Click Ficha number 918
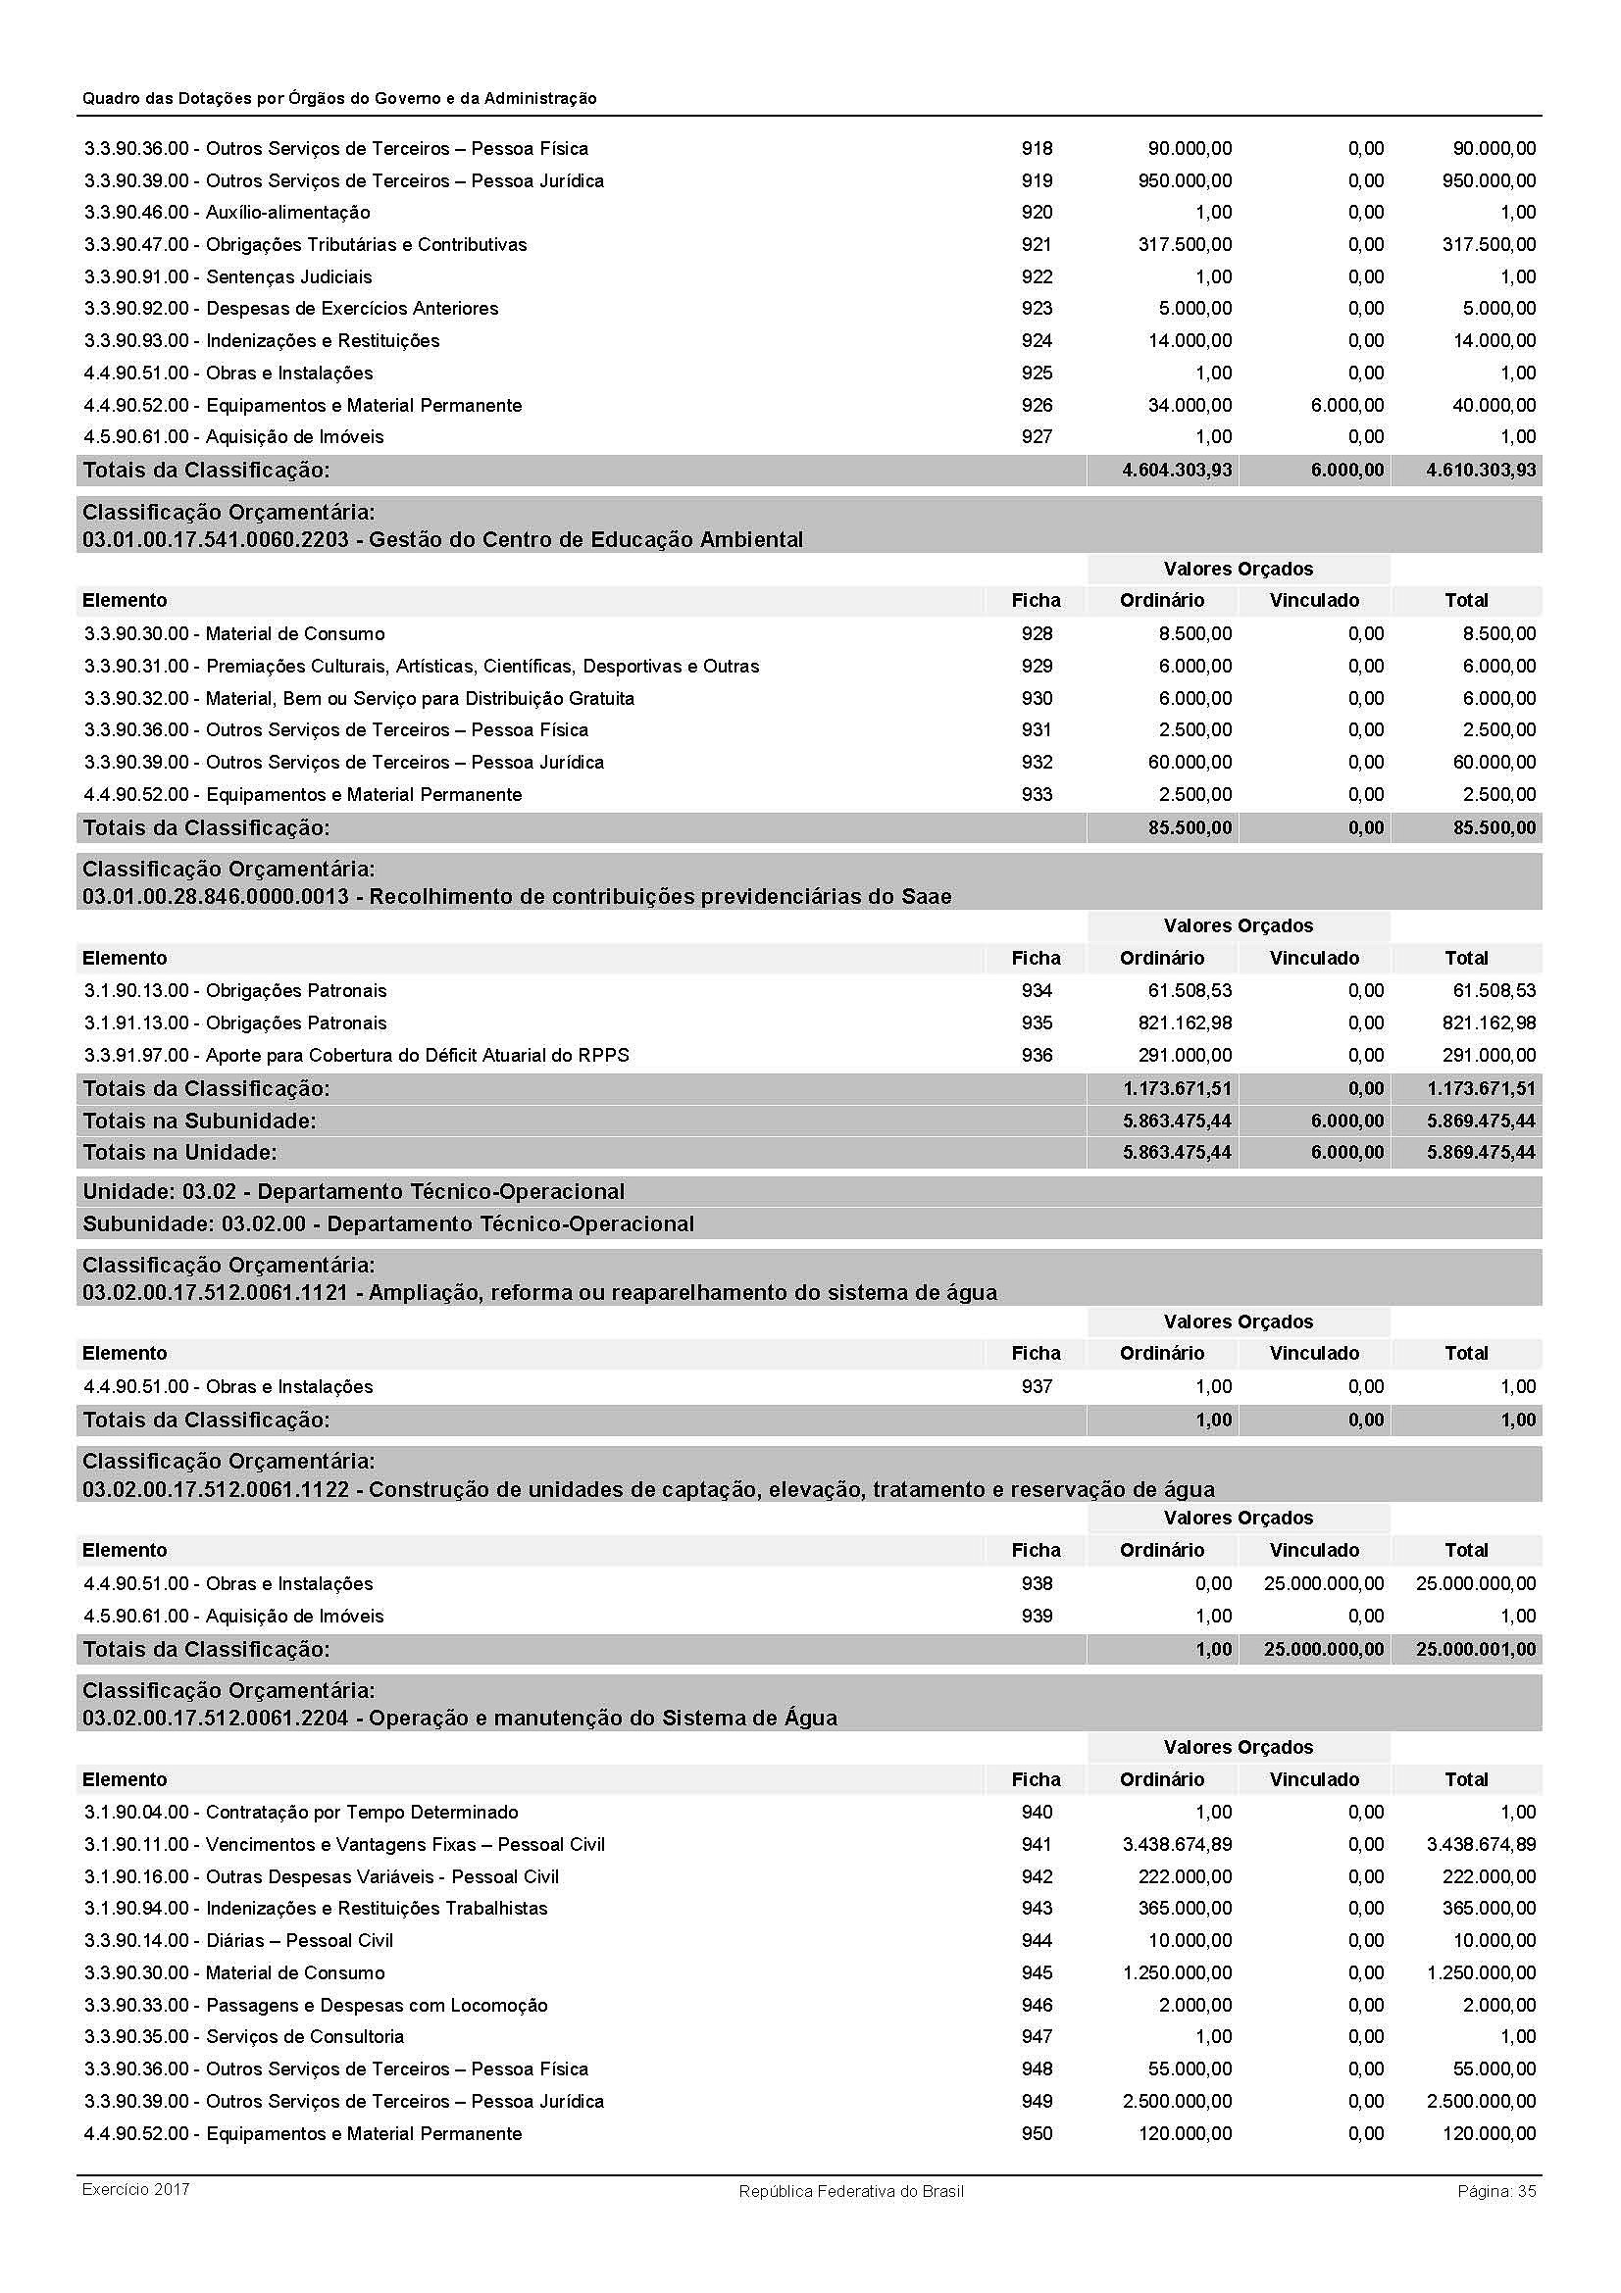(x=1036, y=149)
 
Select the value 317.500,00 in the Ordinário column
(x=1185, y=245)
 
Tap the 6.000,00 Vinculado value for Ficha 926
(x=1346, y=406)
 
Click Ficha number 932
(x=1036, y=763)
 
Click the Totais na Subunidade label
(x=199, y=1122)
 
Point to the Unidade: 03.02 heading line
(x=354, y=1192)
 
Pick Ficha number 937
(x=1036, y=1387)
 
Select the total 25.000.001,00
(x=1475, y=1650)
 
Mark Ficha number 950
(x=1036, y=2134)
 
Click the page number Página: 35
(x=1496, y=2191)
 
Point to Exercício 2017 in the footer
(x=136, y=2190)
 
